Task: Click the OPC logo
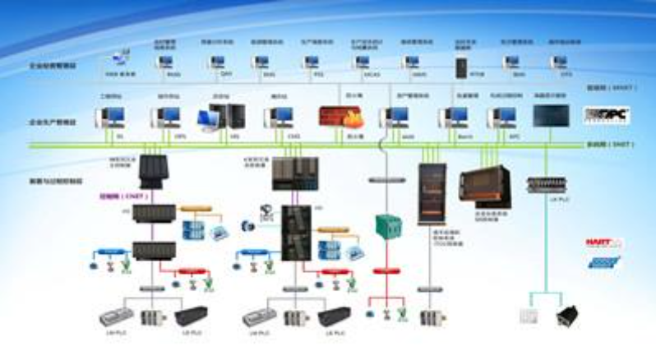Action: click(x=606, y=115)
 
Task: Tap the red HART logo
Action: click(x=604, y=243)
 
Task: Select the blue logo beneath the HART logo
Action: click(x=604, y=263)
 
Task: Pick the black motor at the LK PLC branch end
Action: click(x=568, y=316)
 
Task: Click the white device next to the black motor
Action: click(x=529, y=316)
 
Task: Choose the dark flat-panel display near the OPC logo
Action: click(x=550, y=116)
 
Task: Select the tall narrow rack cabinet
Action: click(x=429, y=193)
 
